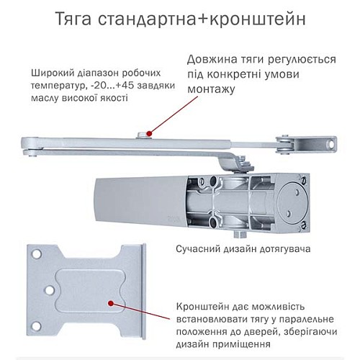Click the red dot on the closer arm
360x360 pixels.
(x=148, y=133)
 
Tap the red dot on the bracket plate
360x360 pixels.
(x=110, y=305)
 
